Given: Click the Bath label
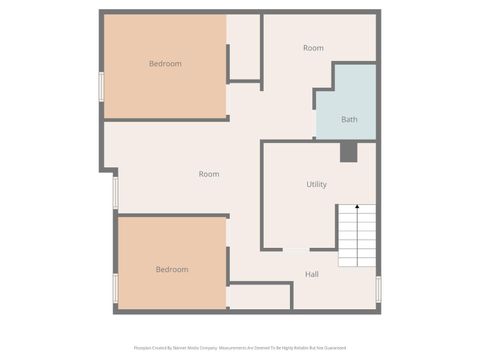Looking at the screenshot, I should (x=349, y=120).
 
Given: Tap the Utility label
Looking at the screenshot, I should (x=316, y=185).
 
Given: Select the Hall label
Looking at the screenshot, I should (x=312, y=273).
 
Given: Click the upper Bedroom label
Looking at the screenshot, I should (x=165, y=64).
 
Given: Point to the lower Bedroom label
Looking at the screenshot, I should (x=171, y=269).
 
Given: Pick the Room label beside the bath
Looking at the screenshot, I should (x=313, y=48).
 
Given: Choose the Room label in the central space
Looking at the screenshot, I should (x=208, y=174).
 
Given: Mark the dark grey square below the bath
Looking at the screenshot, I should (x=348, y=152).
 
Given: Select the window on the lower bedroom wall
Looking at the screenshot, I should (x=115, y=289).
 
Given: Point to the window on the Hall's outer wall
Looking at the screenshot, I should (x=378, y=288).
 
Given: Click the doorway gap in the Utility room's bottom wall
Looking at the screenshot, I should (x=296, y=249).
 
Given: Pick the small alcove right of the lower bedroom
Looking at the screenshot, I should (x=259, y=297).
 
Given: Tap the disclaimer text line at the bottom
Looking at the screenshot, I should (x=239, y=348).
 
